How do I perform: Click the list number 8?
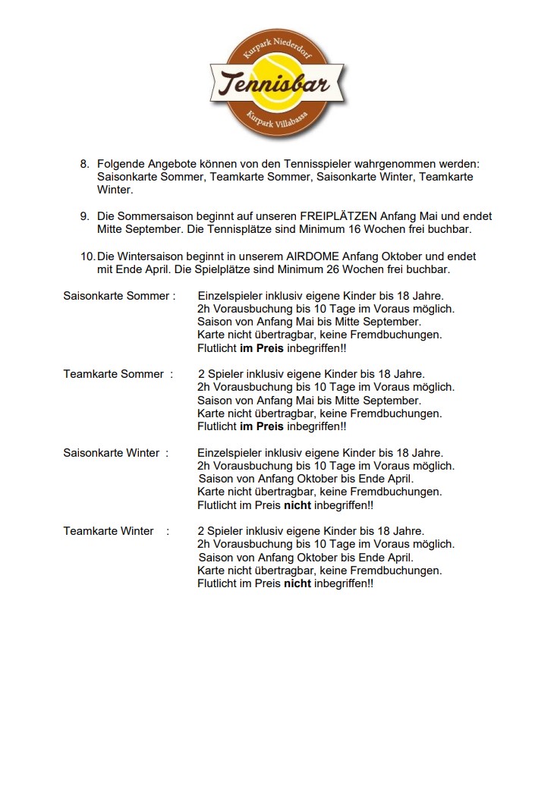(x=84, y=164)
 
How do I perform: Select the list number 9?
(x=84, y=216)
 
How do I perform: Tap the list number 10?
(x=87, y=256)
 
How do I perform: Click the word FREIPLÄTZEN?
(x=338, y=216)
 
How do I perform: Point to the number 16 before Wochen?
(x=308, y=229)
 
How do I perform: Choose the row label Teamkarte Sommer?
(x=113, y=373)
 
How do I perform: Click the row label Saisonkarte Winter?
(x=111, y=452)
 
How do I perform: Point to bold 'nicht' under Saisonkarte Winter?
(x=297, y=505)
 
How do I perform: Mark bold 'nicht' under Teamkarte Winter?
(x=297, y=583)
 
